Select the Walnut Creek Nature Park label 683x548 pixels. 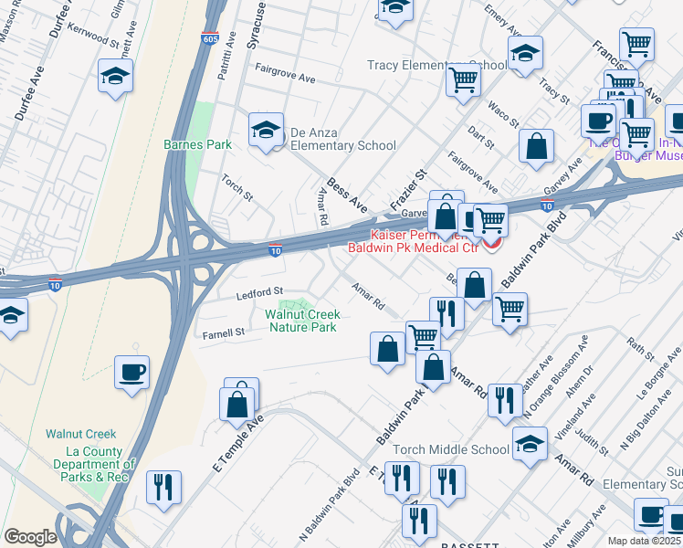pyautogui.click(x=300, y=321)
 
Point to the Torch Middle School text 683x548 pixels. pyautogui.click(x=451, y=449)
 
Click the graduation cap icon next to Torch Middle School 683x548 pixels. pyautogui.click(x=529, y=444)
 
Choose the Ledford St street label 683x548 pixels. pyautogui.click(x=261, y=292)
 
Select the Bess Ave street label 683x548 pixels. pyautogui.click(x=347, y=196)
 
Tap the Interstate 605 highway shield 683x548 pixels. pyautogui.click(x=210, y=38)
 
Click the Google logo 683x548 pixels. pyautogui.click(x=30, y=537)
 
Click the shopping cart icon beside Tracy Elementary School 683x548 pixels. pyautogui.click(x=464, y=79)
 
